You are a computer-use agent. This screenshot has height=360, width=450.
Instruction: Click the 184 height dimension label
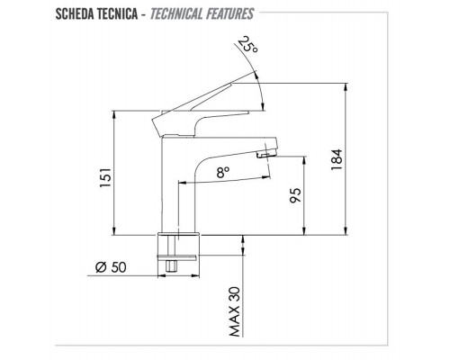click(337, 159)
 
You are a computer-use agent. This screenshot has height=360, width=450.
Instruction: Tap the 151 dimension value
click(105, 178)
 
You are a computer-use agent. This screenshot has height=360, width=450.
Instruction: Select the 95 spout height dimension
click(295, 195)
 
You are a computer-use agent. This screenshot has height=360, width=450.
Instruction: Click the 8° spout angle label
click(223, 173)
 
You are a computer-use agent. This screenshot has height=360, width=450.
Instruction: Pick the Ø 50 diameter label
click(111, 267)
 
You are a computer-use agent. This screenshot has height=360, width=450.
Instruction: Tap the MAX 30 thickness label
click(235, 311)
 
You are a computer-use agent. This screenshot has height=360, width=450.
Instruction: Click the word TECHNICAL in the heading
click(176, 14)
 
